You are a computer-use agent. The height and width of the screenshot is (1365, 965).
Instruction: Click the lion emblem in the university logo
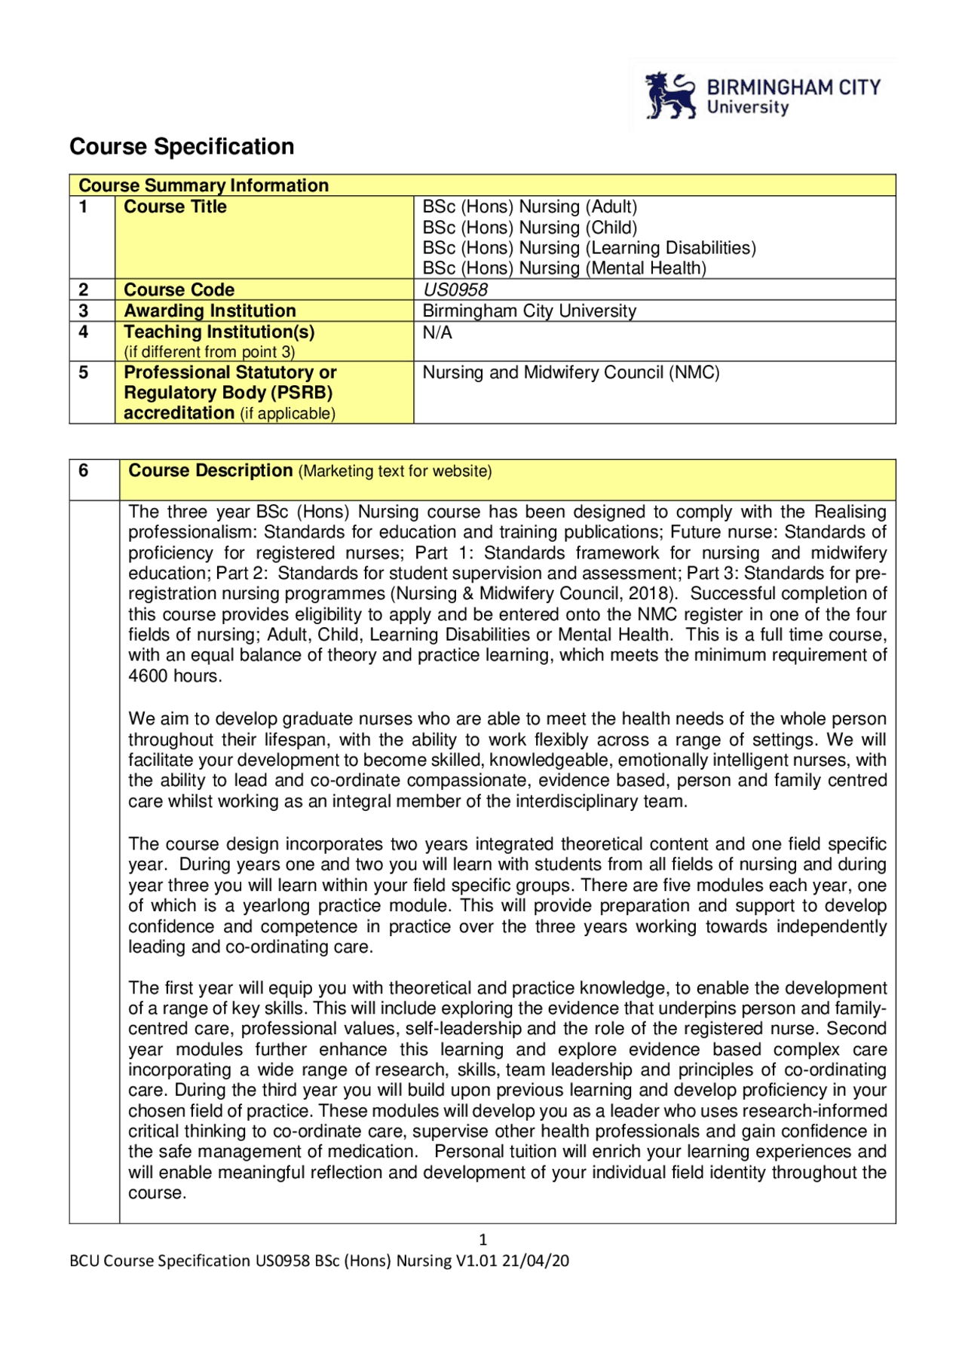click(x=670, y=96)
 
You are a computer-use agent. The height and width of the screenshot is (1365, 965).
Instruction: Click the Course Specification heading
click(x=182, y=146)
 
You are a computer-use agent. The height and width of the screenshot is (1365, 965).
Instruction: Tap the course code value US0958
click(x=455, y=289)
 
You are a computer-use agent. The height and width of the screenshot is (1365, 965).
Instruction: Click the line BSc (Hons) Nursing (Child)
click(x=529, y=228)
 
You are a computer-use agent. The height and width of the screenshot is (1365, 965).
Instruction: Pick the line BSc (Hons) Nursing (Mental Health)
click(x=564, y=268)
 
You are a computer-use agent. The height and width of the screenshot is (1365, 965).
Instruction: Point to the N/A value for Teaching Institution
click(x=437, y=332)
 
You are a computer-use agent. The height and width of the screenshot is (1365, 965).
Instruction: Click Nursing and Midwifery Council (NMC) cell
click(x=571, y=372)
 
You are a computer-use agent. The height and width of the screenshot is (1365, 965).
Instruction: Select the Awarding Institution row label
click(x=210, y=311)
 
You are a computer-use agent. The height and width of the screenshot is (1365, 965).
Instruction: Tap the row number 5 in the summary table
click(x=84, y=372)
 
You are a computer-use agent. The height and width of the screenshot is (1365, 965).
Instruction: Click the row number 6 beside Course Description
click(x=84, y=471)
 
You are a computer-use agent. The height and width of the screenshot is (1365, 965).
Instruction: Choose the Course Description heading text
click(x=210, y=471)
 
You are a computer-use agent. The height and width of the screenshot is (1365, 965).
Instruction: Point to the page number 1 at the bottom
click(x=482, y=1240)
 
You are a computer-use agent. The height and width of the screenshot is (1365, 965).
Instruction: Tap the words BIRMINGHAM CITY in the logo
click(x=793, y=88)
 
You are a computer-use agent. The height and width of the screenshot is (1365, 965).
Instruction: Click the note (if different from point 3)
click(x=209, y=352)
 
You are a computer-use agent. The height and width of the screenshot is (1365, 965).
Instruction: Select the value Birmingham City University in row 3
click(x=529, y=311)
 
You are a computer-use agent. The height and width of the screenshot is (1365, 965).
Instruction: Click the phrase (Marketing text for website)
click(x=395, y=472)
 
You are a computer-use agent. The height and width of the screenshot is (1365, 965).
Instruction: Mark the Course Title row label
click(x=175, y=207)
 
